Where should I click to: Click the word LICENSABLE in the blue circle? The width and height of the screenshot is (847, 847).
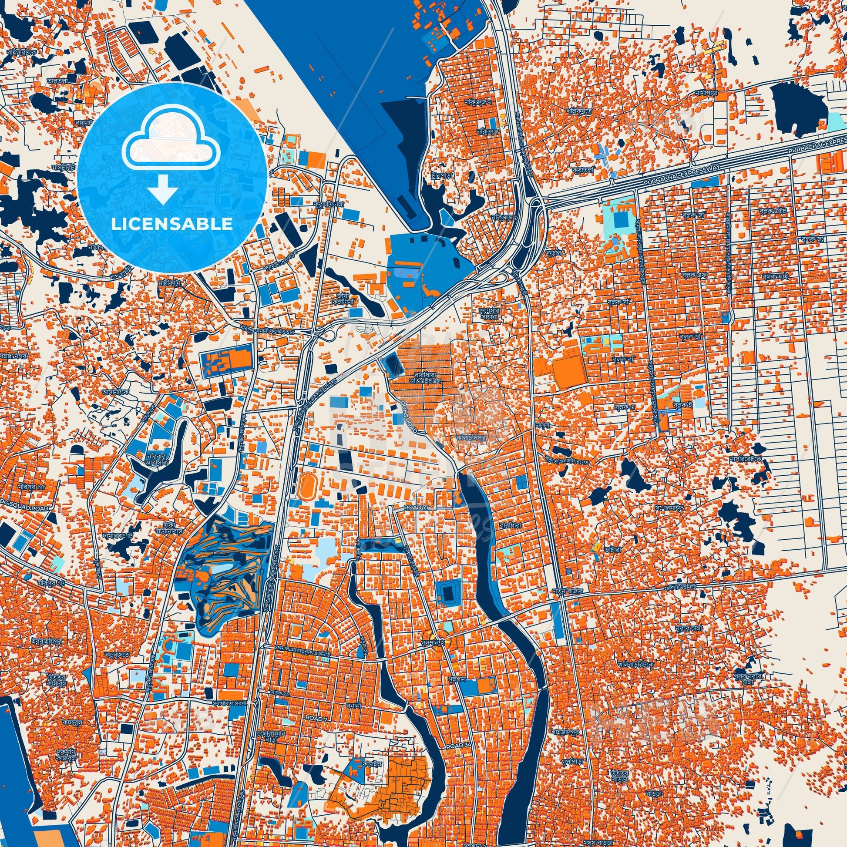pos(171,224)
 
